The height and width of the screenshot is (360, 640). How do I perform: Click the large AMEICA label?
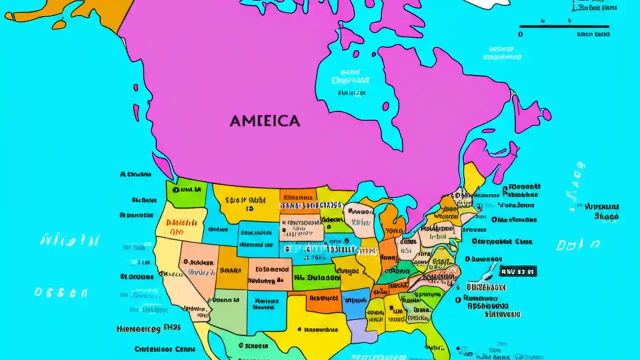265,121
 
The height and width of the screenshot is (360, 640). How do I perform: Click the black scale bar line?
564,26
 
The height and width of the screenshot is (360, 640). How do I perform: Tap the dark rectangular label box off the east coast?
518,271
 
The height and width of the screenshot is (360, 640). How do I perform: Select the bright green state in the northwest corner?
186,192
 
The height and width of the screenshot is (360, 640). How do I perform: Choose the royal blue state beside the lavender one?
356,302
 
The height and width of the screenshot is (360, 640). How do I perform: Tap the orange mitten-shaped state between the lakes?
392,220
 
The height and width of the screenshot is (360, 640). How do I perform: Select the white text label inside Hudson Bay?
350,80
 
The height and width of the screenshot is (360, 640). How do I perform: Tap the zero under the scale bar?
520,34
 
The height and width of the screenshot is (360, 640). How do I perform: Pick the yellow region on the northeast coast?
472,177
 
